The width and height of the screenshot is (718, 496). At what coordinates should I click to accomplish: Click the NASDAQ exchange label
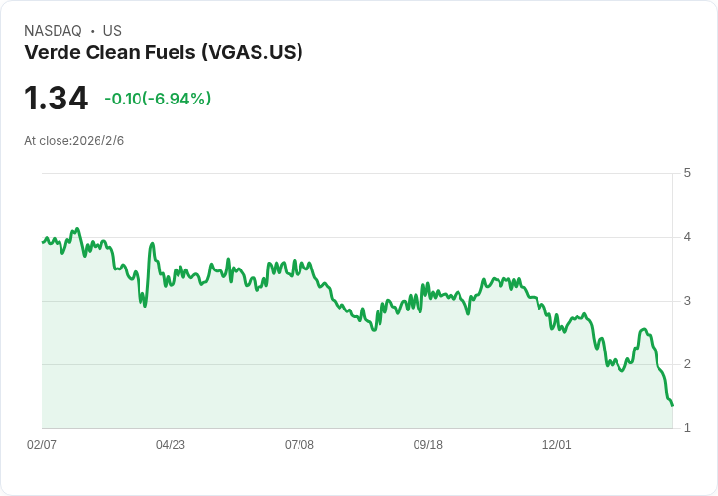tap(53, 31)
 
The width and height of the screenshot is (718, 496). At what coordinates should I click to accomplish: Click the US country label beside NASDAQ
tap(112, 31)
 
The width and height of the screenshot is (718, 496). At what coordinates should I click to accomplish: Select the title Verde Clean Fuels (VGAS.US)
tap(164, 52)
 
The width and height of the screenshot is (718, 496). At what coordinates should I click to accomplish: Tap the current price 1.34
tap(56, 99)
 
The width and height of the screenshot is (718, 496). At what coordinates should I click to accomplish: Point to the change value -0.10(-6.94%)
tap(158, 99)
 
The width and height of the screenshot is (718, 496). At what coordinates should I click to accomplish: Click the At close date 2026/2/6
tap(74, 141)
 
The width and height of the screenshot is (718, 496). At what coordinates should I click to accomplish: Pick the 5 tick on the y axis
tap(687, 173)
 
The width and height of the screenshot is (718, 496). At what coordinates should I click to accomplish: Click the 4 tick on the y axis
tap(687, 237)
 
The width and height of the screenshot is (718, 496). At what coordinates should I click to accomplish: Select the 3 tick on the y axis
tap(687, 301)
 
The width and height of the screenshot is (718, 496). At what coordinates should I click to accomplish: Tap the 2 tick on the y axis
tap(687, 364)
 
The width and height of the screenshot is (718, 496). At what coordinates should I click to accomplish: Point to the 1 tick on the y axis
tap(687, 428)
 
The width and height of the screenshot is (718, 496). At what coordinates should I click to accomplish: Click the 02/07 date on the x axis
tap(42, 445)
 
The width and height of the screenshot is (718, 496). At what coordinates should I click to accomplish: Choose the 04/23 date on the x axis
tap(171, 445)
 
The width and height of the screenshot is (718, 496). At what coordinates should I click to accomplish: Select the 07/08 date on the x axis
tap(299, 445)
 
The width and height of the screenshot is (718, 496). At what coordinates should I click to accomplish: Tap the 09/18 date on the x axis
tap(428, 445)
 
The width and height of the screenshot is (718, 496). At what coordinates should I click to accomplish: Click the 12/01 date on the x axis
tap(557, 445)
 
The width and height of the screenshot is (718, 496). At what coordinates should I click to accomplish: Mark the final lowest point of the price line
tap(672, 405)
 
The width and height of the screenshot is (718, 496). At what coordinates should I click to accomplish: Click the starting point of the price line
tap(43, 242)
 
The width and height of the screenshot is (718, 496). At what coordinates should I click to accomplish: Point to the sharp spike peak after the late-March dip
tap(153, 244)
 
